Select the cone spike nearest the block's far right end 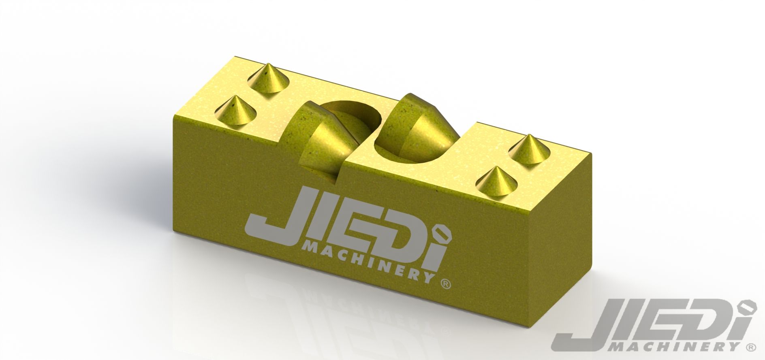click(x=528, y=150)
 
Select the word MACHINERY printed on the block click(x=368, y=262)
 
